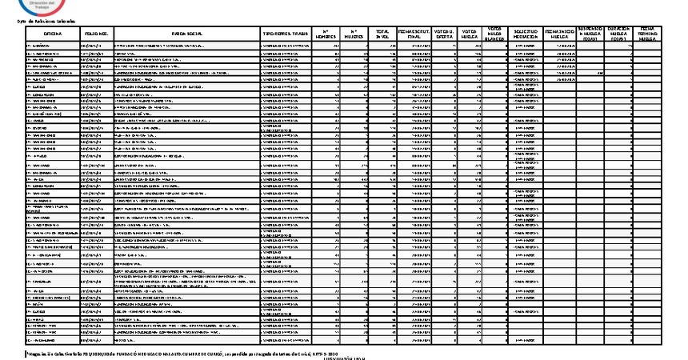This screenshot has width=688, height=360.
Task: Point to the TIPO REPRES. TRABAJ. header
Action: point(286,34)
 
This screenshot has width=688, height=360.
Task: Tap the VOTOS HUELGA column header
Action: point(470,34)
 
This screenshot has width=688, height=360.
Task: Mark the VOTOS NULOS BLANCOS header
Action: point(494,34)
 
